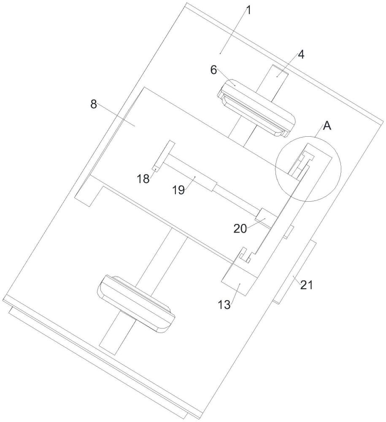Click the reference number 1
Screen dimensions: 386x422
click(x=248, y=11)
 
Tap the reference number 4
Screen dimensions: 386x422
click(x=301, y=54)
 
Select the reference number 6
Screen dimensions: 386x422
click(x=213, y=70)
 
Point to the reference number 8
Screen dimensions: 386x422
click(x=93, y=104)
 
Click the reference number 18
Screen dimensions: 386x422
click(x=143, y=179)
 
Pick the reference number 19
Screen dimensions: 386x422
click(x=178, y=190)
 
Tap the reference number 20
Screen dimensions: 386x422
click(x=240, y=229)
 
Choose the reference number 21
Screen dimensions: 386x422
click(x=307, y=285)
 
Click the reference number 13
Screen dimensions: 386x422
click(x=224, y=305)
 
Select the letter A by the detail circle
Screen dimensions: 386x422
click(x=327, y=126)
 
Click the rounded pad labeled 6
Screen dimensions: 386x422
click(x=256, y=108)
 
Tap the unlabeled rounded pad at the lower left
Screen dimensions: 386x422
click(x=136, y=304)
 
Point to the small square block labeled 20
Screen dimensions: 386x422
click(x=266, y=218)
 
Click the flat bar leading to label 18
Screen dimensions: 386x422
click(x=164, y=156)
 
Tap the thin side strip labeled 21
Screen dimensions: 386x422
click(x=294, y=271)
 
